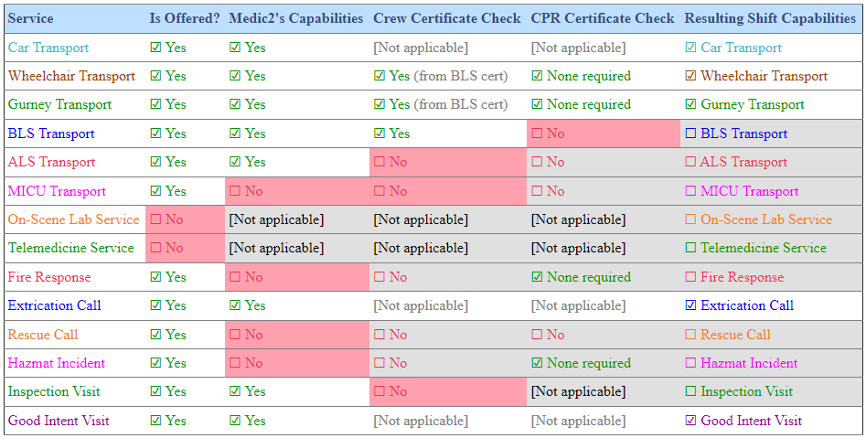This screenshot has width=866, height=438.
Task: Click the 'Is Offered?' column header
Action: point(185,18)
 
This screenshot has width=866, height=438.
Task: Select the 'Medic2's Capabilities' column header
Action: point(295,18)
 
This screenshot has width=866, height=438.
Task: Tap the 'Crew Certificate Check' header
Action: point(447,18)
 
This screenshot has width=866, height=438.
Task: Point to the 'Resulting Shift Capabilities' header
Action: point(769,18)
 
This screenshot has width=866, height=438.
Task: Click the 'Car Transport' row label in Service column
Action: point(48,48)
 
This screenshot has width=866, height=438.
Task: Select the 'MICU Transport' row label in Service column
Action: point(57,191)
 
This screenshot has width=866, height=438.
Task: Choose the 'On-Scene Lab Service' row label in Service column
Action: point(73,219)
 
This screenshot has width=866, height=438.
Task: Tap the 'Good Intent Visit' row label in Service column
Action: point(59,421)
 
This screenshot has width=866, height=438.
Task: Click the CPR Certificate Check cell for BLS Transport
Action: point(603,134)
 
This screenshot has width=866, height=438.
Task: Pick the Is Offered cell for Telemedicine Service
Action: point(185,248)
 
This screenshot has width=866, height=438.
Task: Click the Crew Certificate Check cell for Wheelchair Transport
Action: point(447,76)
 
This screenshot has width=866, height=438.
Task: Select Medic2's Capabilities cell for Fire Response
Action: point(296,277)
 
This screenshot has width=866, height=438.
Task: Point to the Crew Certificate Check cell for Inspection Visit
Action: point(447,391)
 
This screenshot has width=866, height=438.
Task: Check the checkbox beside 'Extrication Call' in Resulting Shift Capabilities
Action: point(691,305)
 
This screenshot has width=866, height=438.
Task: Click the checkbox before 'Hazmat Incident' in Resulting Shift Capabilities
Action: point(691,363)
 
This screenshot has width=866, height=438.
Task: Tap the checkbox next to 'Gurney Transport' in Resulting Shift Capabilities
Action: point(691,104)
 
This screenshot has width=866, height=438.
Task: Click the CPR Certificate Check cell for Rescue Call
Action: point(603,335)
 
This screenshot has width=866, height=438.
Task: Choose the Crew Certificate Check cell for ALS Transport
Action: point(447,162)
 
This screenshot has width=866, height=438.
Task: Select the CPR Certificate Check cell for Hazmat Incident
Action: point(603,363)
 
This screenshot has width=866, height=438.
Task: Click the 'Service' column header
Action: point(31,18)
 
